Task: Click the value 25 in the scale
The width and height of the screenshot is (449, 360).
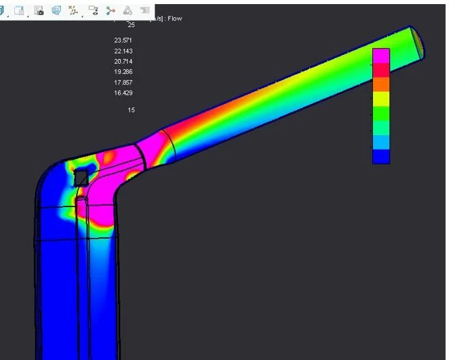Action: (131, 25)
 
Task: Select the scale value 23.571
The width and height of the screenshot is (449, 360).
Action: (123, 40)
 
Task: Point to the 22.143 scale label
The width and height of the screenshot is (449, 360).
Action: (123, 51)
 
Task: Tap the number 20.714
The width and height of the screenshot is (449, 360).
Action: (123, 62)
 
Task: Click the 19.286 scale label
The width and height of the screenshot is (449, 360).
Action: (123, 72)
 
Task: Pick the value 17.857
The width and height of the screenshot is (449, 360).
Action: (123, 82)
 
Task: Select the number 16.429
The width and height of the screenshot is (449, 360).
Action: (123, 93)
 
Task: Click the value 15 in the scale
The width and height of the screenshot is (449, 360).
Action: (131, 110)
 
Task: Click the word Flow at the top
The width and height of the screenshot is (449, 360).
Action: (174, 19)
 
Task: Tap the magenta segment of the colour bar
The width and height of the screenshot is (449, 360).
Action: (381, 56)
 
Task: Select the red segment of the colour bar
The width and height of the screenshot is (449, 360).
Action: (381, 70)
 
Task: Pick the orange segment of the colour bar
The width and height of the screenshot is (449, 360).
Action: (381, 84)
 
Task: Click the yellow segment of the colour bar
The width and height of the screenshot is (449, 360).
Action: (381, 99)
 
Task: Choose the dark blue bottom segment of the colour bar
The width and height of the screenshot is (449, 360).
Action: (381, 156)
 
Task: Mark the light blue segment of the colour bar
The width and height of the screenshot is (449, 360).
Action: (381, 142)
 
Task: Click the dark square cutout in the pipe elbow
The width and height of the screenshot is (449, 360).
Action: (82, 178)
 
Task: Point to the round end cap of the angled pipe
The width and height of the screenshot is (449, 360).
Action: (417, 41)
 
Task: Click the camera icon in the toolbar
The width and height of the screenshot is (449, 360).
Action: (39, 10)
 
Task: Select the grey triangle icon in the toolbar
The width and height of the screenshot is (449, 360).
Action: (128, 10)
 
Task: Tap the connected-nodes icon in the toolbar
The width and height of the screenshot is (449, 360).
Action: (110, 10)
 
